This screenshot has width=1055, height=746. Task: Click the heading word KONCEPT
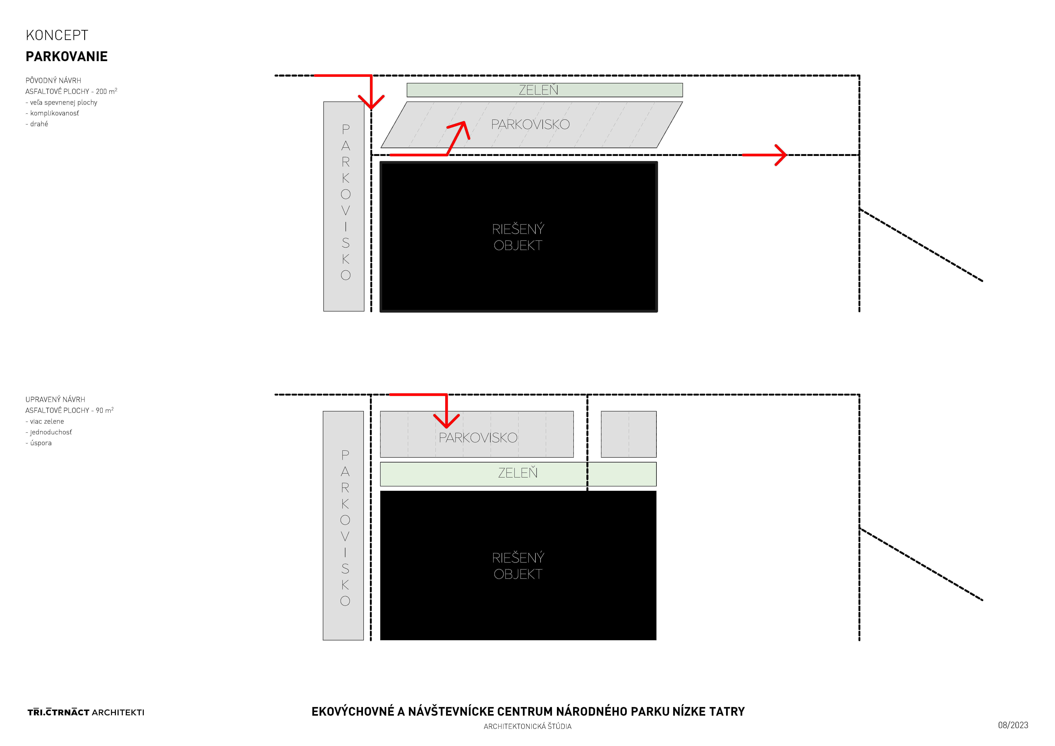[57, 35]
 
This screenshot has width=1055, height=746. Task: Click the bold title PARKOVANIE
[67, 57]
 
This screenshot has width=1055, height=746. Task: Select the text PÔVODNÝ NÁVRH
[53, 80]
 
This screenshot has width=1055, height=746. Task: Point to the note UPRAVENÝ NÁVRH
[55, 400]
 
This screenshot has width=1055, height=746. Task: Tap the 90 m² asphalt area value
[105, 410]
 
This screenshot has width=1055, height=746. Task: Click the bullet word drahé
[39, 124]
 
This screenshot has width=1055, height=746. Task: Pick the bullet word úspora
[41, 443]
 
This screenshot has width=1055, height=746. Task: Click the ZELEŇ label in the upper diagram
[538, 90]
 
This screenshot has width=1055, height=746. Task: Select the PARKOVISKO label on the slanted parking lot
[530, 124]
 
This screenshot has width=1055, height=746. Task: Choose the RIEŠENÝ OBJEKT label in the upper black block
[518, 237]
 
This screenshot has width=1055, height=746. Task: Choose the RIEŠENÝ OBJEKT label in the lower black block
[518, 566]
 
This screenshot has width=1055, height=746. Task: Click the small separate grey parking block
[629, 434]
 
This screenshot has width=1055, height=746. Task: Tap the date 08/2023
[1013, 725]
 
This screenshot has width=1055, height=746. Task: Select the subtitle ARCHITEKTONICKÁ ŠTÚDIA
[527, 726]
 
